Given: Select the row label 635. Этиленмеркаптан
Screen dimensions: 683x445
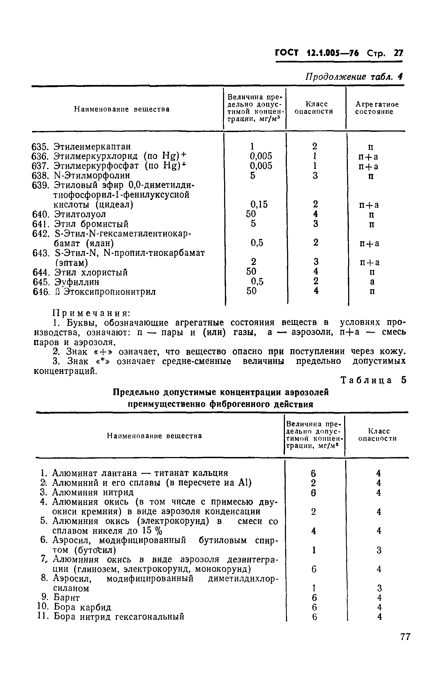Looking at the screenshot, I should point(81,146).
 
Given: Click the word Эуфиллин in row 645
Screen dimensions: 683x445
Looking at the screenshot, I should point(77,282).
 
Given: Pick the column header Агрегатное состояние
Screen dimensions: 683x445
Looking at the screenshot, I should point(376,108).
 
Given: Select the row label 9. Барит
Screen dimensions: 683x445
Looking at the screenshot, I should point(61,597).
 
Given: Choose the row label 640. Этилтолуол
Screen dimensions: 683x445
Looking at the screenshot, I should point(69,214).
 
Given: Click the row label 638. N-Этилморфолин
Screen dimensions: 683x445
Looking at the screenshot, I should point(81,175).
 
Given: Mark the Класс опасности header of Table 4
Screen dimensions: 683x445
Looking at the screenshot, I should point(314,108).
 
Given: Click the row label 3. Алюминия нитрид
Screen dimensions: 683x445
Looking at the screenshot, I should point(87,493).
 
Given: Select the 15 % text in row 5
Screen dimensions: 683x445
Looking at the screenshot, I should point(153,531).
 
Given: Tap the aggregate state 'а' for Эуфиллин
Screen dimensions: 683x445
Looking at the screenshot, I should point(372,282).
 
